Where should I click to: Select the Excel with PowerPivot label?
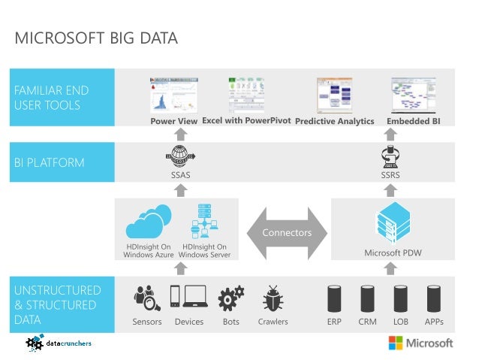pyautogui.click(x=246, y=120)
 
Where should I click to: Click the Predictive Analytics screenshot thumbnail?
pyautogui.click(x=334, y=95)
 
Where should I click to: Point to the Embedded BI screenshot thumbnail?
pyautogui.click(x=413, y=95)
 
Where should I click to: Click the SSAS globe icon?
pyautogui.click(x=180, y=156)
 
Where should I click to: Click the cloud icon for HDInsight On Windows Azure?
pyautogui.click(x=149, y=223)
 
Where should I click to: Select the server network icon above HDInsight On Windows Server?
pyautogui.click(x=204, y=221)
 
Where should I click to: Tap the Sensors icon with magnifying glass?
pyautogui.click(x=146, y=298)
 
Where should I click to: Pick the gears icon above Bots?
pyautogui.click(x=230, y=298)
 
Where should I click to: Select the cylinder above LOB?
pyautogui.click(x=400, y=298)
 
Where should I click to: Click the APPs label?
pyautogui.click(x=433, y=322)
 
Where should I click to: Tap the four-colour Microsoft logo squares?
pyautogui.click(x=395, y=343)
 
